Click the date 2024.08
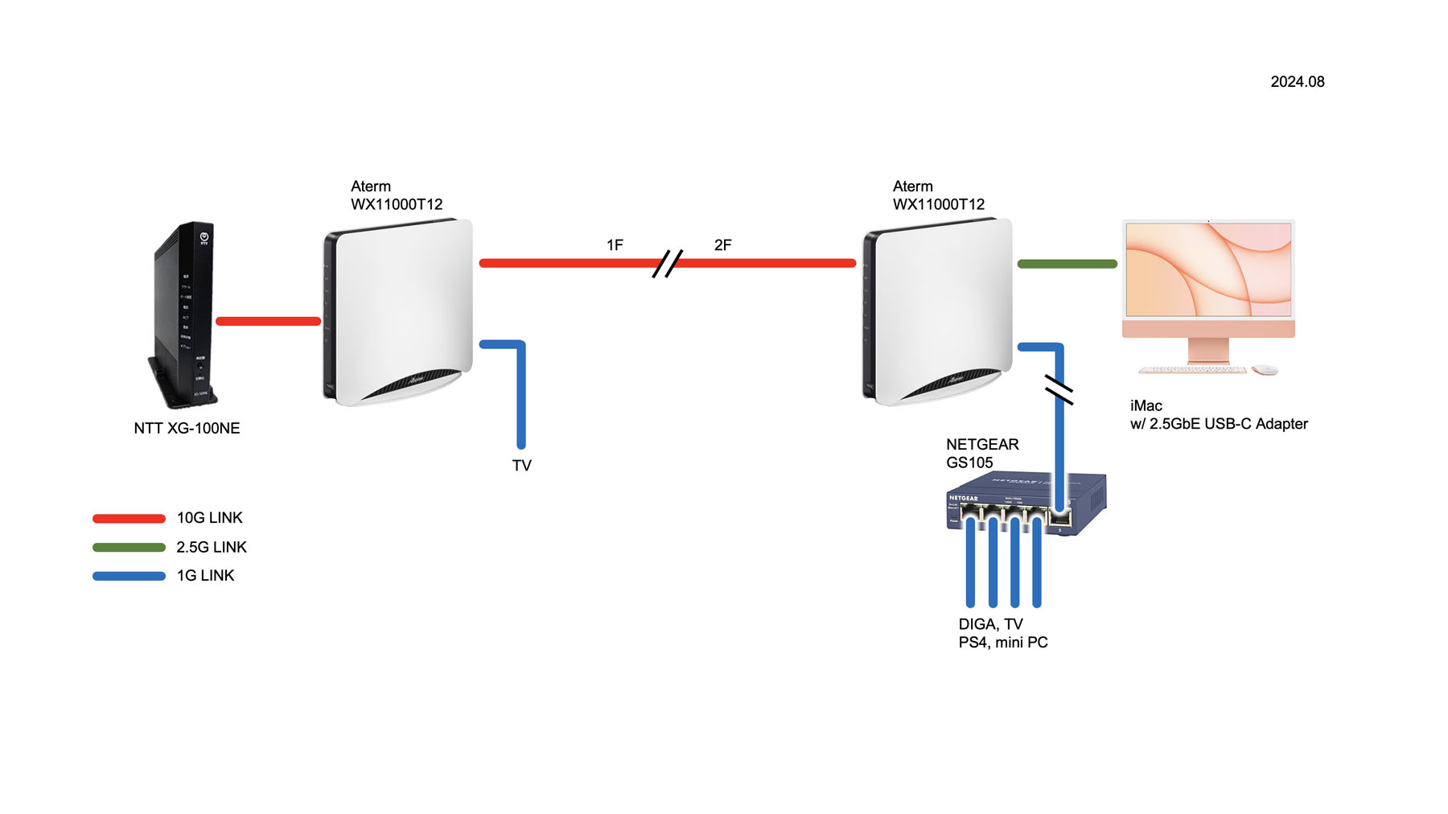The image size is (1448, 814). [1297, 82]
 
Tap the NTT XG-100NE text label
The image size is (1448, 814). [187, 429]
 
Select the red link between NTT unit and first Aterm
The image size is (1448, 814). [268, 322]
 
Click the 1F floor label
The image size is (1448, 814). [615, 245]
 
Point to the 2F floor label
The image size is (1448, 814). [722, 245]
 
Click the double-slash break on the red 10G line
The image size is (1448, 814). [667, 264]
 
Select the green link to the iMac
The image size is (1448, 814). [1067, 264]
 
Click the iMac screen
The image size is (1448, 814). [1208, 270]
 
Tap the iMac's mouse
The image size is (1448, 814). [1265, 370]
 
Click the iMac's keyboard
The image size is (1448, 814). [1192, 370]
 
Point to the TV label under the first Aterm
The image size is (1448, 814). [521, 466]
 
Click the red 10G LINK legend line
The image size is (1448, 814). [129, 519]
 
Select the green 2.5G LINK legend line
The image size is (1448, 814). [129, 548]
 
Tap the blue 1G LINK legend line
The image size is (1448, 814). [129, 576]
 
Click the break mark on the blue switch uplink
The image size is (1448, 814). [1059, 390]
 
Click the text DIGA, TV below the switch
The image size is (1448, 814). [990, 624]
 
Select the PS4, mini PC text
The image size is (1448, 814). [1002, 643]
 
